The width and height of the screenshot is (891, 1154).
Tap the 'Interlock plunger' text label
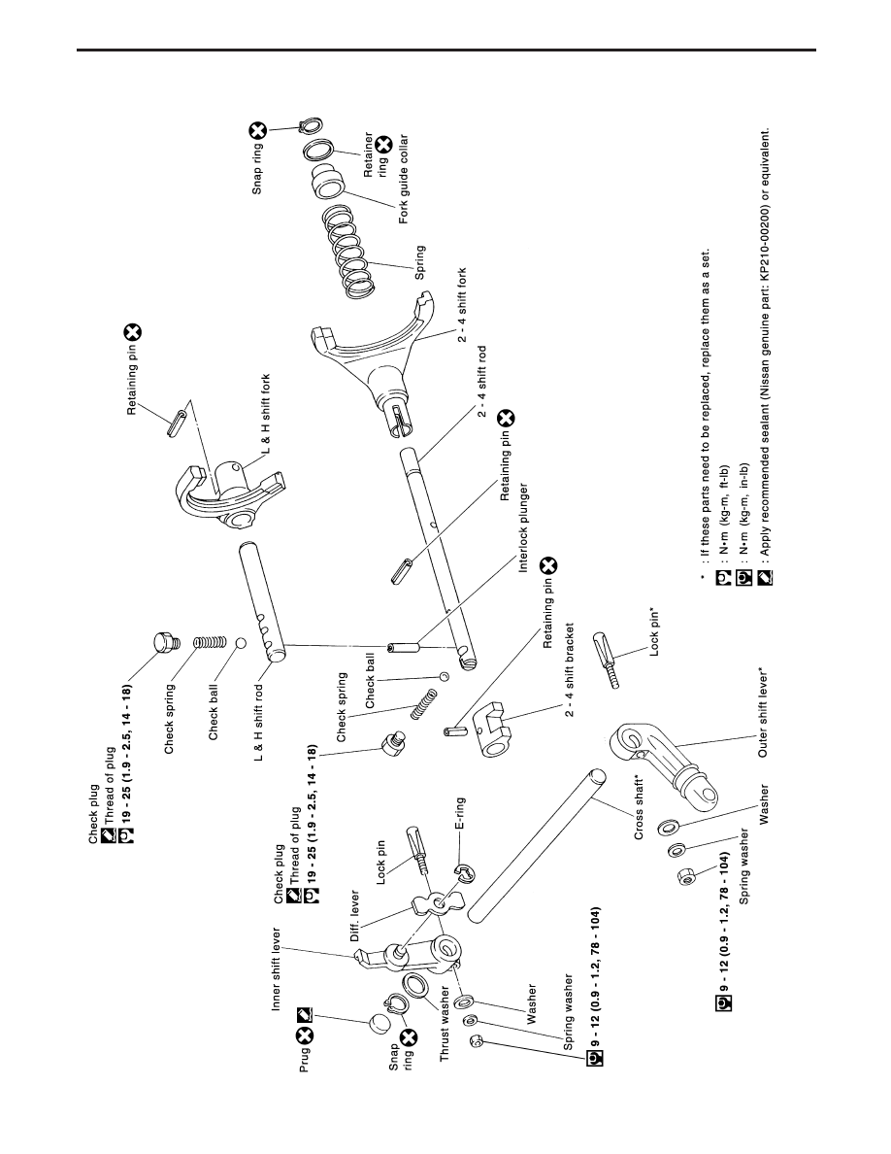click(x=523, y=527)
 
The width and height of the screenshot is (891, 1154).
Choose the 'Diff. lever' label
click(x=355, y=916)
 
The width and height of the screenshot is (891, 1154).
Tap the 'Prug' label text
click(x=305, y=1059)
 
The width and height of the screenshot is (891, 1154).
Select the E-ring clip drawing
click(x=465, y=873)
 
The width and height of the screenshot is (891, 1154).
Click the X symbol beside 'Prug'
click(x=305, y=1035)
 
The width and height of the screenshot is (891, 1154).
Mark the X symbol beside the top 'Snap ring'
click(x=256, y=131)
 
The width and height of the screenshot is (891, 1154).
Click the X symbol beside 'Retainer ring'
click(x=383, y=144)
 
